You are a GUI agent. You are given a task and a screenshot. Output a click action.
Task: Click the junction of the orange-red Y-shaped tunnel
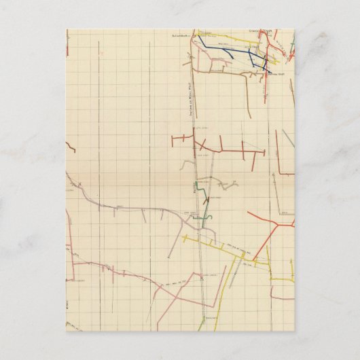click(276, 223)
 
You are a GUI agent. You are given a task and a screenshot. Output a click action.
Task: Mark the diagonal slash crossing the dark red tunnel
click(202, 144)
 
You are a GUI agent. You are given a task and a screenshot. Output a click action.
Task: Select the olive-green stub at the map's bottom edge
click(200, 325)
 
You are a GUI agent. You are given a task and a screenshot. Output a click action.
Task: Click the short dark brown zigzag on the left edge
click(70, 147)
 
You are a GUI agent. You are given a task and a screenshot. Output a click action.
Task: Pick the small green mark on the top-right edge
click(292, 48)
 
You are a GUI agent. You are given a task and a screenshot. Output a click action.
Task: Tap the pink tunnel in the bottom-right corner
click(282, 297)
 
